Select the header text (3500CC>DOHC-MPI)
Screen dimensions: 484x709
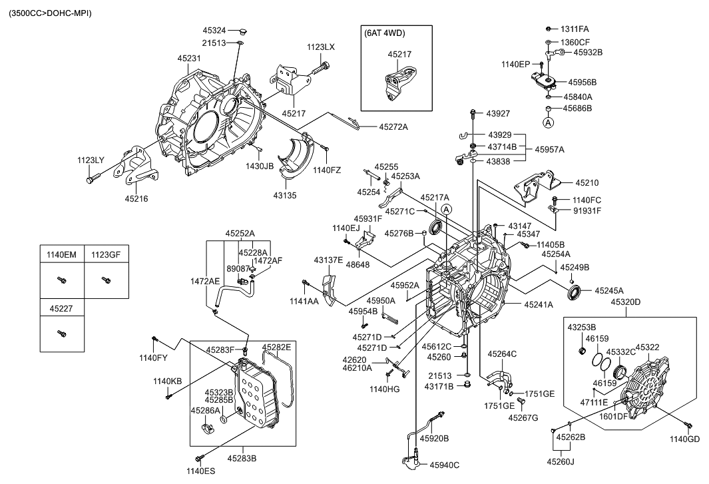click(51, 13)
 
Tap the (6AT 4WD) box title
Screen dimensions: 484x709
click(385, 33)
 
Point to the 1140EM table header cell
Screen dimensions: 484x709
click(61, 254)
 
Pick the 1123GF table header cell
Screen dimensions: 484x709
click(106, 254)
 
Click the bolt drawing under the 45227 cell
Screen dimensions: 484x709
click(61, 332)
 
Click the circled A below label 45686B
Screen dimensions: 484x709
click(547, 122)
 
